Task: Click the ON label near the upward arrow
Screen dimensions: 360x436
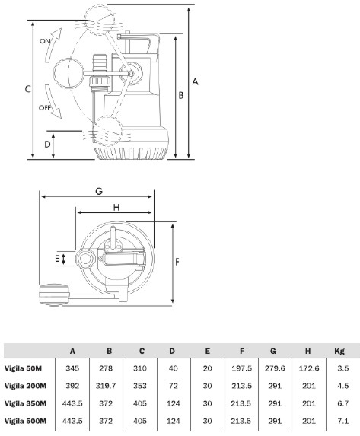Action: click(45, 41)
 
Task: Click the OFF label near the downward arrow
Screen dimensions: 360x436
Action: click(44, 107)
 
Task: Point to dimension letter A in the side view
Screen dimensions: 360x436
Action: click(196, 81)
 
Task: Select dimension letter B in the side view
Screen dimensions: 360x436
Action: click(181, 95)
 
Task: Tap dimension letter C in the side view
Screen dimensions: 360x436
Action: click(27, 89)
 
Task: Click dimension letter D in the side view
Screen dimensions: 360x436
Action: click(48, 145)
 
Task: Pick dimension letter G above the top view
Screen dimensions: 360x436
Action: click(99, 191)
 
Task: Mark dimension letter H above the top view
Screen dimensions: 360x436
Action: click(116, 207)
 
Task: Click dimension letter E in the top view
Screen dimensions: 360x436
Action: click(57, 259)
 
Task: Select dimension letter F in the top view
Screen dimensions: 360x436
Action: click(177, 262)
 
